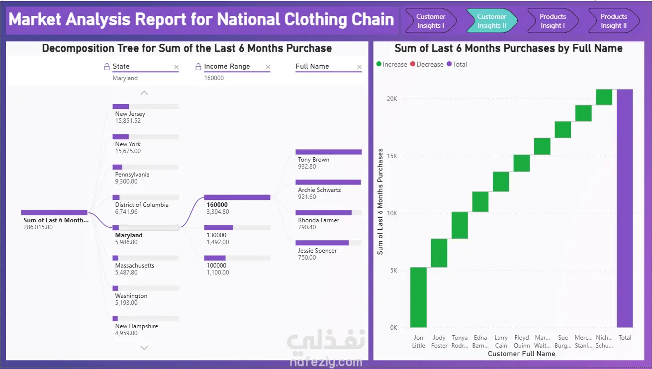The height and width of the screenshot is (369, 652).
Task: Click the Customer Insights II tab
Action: pyautogui.click(x=492, y=21)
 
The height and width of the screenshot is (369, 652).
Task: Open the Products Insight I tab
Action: pyautogui.click(x=553, y=21)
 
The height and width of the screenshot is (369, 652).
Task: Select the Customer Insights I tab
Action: pyautogui.click(x=431, y=21)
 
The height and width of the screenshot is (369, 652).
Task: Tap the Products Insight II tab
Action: pyautogui.click(x=614, y=21)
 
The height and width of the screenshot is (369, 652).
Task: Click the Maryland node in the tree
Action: pyautogui.click(x=129, y=235)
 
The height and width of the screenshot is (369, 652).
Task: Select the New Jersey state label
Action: pyautogui.click(x=130, y=114)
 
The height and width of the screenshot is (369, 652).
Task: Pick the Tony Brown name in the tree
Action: pyautogui.click(x=313, y=160)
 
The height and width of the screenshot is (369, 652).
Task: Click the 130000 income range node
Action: pyautogui.click(x=216, y=235)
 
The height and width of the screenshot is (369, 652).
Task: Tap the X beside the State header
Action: pyautogui.click(x=177, y=67)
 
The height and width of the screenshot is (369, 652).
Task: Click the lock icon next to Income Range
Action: pyautogui.click(x=198, y=67)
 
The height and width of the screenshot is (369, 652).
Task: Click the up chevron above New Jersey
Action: pyautogui.click(x=144, y=93)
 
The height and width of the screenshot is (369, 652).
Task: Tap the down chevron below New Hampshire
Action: pyautogui.click(x=144, y=348)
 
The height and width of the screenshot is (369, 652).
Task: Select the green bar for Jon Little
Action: pyautogui.click(x=418, y=297)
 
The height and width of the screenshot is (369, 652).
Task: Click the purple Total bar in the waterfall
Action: pyautogui.click(x=625, y=208)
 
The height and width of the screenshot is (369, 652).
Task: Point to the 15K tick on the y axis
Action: pyautogui.click(x=392, y=156)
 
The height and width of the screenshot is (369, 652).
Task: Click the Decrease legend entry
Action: pyautogui.click(x=427, y=64)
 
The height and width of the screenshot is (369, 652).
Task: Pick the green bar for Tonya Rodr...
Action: pyautogui.click(x=460, y=225)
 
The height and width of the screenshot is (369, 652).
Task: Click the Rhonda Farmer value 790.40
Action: pyautogui.click(x=307, y=227)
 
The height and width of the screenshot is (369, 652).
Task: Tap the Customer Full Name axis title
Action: pyautogui.click(x=521, y=354)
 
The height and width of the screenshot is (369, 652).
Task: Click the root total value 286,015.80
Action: pyautogui.click(x=38, y=227)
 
